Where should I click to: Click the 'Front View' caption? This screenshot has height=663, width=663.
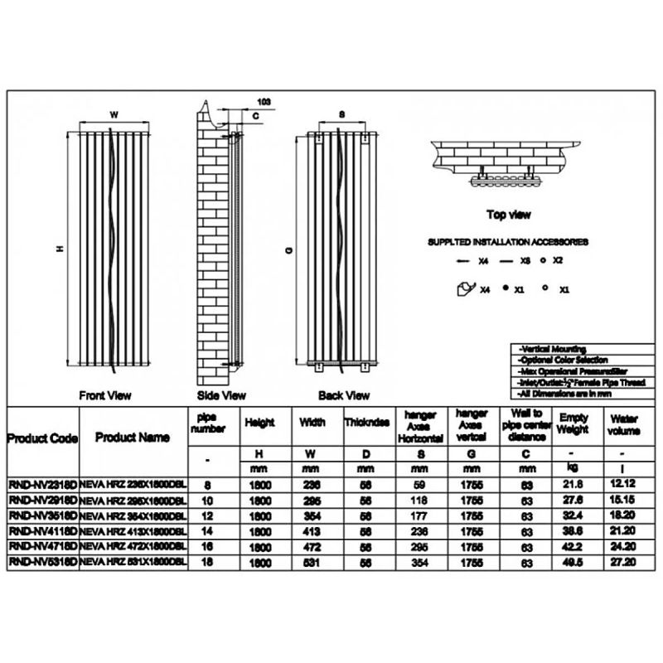[105, 395]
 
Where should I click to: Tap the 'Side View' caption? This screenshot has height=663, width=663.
[221, 395]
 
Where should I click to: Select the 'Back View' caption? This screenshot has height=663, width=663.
[343, 395]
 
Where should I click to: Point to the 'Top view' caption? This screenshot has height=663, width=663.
[508, 215]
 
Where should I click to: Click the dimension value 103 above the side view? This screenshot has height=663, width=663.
[264, 101]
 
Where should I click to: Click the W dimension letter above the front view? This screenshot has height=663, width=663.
[114, 114]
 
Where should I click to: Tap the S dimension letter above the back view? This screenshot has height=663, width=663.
[341, 114]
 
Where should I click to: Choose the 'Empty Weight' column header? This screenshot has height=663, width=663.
[573, 423]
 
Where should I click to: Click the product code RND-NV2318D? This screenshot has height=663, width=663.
[42, 485]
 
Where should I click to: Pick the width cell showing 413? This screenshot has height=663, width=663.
[312, 530]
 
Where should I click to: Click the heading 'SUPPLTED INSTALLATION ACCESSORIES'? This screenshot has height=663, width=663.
[508, 243]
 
